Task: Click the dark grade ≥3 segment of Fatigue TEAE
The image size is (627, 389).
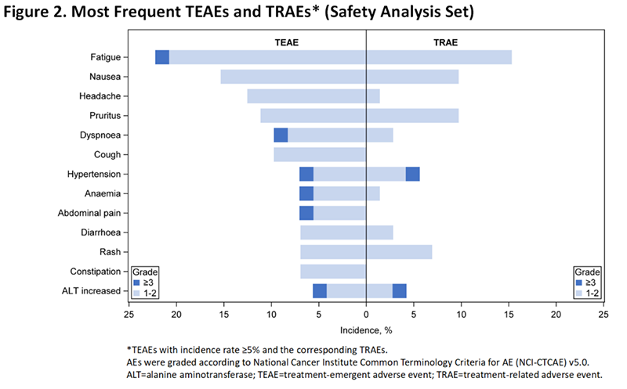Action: tap(162, 57)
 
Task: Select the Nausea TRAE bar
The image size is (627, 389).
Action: tap(412, 77)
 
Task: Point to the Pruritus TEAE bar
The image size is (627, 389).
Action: tap(313, 116)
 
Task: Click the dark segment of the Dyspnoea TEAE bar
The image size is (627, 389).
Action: tap(281, 135)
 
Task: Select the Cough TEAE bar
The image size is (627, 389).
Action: tap(320, 154)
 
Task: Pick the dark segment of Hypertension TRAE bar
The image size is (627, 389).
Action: tap(412, 174)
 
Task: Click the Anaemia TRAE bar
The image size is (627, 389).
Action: tap(373, 193)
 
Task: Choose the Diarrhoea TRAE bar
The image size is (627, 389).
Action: tap(379, 232)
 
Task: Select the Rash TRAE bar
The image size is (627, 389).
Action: tap(399, 252)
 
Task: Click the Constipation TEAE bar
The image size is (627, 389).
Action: tap(333, 272)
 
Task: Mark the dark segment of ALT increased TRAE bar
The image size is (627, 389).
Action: tap(399, 291)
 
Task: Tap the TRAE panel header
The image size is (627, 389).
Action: tap(445, 42)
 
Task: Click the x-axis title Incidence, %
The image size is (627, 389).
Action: tap(366, 330)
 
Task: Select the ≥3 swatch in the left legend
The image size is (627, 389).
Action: tap(137, 282)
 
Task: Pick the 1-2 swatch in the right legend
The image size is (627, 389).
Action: tap(579, 292)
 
